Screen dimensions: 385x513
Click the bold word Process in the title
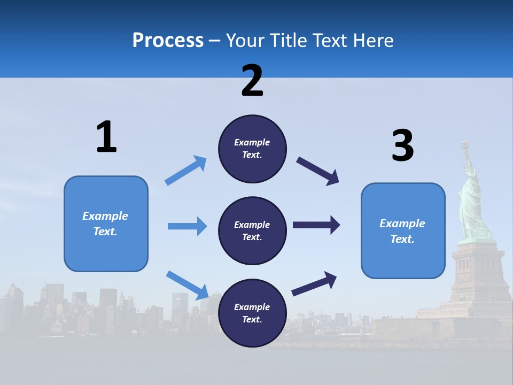pyautogui.click(x=168, y=40)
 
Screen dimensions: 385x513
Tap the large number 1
pyautogui.click(x=106, y=137)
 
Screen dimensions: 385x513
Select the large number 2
pyautogui.click(x=252, y=81)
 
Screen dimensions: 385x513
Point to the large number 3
pyautogui.click(x=402, y=146)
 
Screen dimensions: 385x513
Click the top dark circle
pyautogui.click(x=252, y=149)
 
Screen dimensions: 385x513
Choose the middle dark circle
pyautogui.click(x=252, y=231)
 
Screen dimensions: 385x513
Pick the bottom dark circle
pyautogui.click(x=252, y=313)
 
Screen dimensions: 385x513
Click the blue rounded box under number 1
pyautogui.click(x=106, y=224)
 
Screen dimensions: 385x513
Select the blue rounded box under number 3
pyautogui.click(x=403, y=231)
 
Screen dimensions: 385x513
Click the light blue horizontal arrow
pyautogui.click(x=187, y=226)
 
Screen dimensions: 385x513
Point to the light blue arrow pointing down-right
pyautogui.click(x=187, y=284)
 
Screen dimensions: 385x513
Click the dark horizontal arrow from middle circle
pyautogui.click(x=316, y=225)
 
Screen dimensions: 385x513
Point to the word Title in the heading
pyautogui.click(x=289, y=40)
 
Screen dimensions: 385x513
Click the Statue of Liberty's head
pyautogui.click(x=470, y=171)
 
